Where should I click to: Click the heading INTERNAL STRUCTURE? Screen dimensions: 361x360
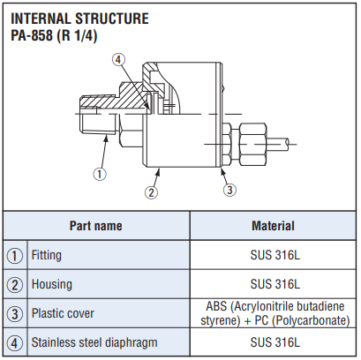[x=79, y=19]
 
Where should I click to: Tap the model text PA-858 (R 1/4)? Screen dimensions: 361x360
[x=54, y=36]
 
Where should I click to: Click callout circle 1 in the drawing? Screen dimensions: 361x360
[x=100, y=174]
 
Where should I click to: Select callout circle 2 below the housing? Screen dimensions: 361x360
[x=151, y=192]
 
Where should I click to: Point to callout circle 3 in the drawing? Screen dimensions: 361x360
[x=229, y=190]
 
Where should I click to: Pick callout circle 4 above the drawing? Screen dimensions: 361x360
[x=118, y=60]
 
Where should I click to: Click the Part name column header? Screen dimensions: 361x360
[x=96, y=226]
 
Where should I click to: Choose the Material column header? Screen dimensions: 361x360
[x=273, y=226]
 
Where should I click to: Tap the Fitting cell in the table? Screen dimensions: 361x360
[x=47, y=255]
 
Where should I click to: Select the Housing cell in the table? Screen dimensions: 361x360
[x=52, y=284]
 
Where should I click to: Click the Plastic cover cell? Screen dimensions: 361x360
[x=63, y=313]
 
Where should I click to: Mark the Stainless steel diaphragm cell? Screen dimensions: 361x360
[x=94, y=342]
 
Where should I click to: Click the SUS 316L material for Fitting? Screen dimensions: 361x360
[x=275, y=255]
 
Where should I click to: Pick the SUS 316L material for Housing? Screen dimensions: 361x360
[x=275, y=284]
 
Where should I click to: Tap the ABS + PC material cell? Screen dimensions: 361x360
[x=275, y=313]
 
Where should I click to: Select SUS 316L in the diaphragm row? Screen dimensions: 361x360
[x=275, y=342]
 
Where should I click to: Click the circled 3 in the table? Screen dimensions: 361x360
[x=15, y=314]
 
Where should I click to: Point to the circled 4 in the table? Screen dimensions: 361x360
[x=15, y=343]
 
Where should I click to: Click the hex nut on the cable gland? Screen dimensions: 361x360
[x=253, y=144]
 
